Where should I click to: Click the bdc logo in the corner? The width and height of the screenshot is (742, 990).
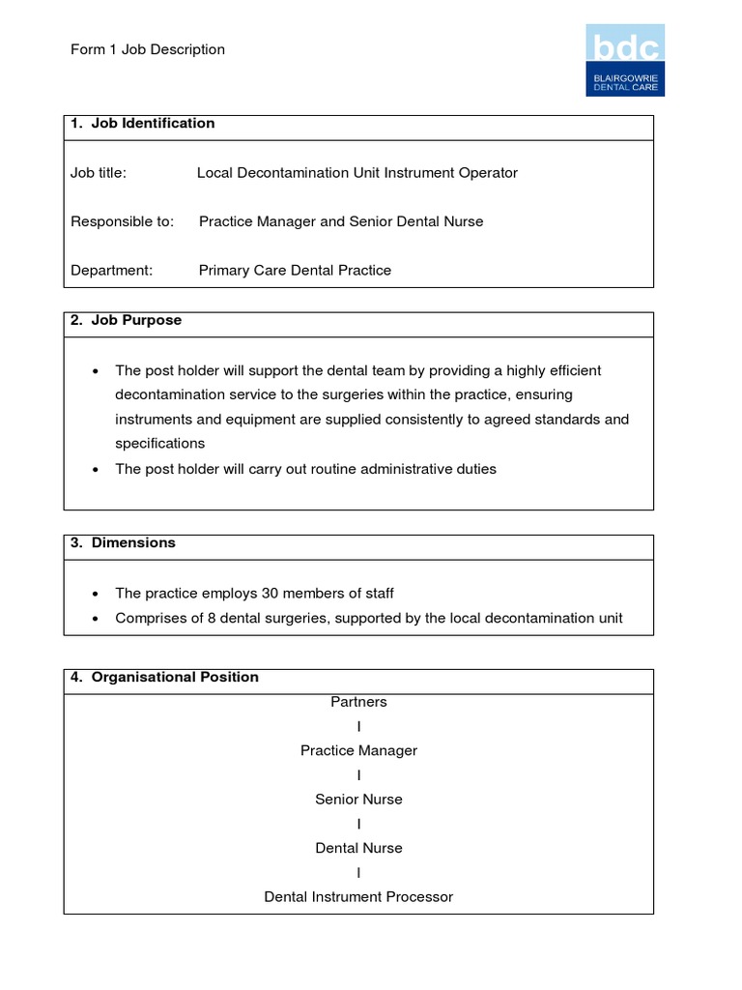point(625,60)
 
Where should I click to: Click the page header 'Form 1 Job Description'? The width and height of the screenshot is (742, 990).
point(148,49)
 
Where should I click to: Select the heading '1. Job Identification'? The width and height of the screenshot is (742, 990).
point(143,124)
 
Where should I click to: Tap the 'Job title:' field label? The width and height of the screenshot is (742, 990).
point(99,173)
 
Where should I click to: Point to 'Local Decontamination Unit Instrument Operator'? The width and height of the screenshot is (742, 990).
point(357,173)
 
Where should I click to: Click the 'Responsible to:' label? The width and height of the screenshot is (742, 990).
point(123,221)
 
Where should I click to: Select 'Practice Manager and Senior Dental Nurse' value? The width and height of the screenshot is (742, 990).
point(341,221)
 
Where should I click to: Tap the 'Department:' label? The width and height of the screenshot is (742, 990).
point(112,271)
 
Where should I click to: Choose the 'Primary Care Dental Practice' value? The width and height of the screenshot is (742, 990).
point(295,271)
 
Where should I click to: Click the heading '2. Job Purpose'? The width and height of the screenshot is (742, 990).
point(127,320)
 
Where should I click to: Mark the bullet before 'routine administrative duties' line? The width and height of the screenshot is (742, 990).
point(95,470)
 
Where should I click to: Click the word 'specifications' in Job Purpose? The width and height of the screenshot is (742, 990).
point(160,444)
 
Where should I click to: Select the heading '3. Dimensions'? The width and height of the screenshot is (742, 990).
point(124,542)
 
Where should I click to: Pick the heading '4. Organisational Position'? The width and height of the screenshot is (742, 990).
point(165,677)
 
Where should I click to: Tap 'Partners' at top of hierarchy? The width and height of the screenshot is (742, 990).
point(358,702)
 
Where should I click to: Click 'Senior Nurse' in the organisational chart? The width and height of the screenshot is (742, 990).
point(358,800)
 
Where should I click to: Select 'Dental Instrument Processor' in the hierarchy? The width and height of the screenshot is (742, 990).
point(358,897)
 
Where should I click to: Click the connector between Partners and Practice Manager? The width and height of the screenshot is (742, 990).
point(358,726)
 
